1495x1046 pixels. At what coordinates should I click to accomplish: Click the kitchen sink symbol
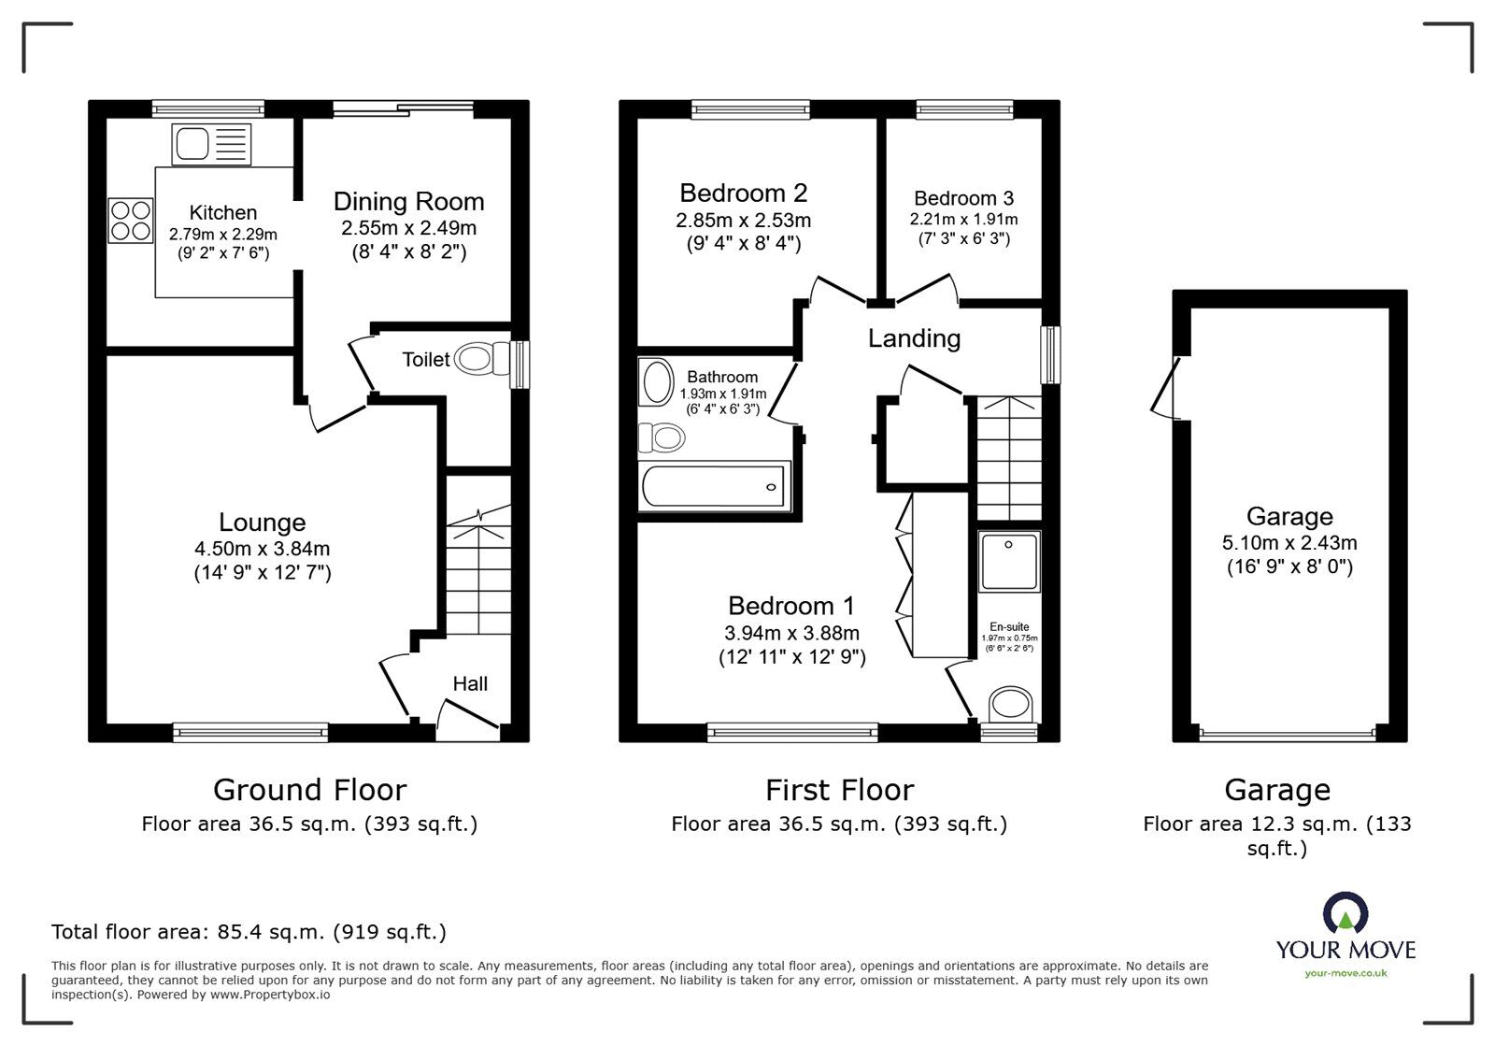point(211,145)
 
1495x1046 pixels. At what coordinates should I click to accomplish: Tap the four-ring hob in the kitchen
point(131,221)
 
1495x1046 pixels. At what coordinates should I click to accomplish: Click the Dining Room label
point(408,202)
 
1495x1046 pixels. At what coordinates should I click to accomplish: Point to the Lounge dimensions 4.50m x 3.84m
point(262,549)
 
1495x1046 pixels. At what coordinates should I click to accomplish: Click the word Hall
point(470,684)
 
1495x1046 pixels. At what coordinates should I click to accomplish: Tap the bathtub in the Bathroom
point(715,486)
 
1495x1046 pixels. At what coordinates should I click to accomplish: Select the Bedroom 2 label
point(743,193)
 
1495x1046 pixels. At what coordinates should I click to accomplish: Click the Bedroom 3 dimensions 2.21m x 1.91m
point(963,220)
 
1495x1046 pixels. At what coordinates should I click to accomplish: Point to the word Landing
point(914,338)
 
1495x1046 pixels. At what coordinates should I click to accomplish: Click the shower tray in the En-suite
point(1009,562)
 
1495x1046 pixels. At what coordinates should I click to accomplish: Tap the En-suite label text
point(1009,627)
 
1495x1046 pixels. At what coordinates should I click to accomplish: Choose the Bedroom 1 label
point(791,606)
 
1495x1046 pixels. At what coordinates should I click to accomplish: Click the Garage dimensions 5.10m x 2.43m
point(1289,543)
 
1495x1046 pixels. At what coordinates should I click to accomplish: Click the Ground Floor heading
point(309,791)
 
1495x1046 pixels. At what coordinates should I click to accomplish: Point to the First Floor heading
point(839,791)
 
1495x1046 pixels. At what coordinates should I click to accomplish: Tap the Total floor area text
point(249,932)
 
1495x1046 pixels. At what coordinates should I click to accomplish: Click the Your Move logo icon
point(1345,913)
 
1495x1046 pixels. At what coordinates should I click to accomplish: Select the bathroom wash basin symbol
point(657,383)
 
